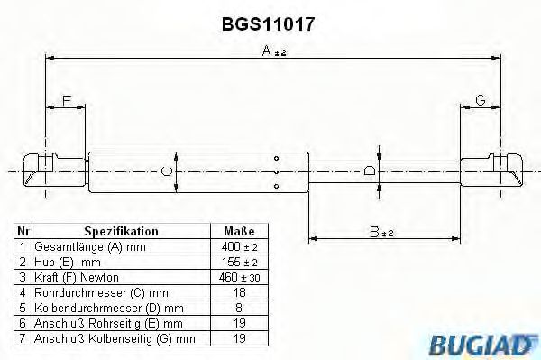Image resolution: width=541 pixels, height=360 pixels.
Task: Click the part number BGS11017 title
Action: click(268, 24)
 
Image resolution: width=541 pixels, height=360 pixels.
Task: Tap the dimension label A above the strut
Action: click(274, 51)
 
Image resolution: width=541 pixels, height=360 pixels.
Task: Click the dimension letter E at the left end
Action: click(67, 101)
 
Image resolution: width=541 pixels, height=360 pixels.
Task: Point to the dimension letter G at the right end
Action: click(481, 100)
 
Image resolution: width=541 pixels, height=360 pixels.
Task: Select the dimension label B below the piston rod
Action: click(381, 232)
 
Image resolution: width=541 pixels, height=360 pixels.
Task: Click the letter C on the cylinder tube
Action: click(167, 171)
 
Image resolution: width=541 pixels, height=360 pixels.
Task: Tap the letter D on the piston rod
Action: click(370, 171)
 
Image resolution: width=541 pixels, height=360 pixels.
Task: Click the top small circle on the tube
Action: click(276, 159)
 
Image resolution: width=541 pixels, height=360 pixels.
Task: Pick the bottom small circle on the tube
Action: click(276, 187)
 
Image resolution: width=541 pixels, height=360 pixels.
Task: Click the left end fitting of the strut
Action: click(54, 171)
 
